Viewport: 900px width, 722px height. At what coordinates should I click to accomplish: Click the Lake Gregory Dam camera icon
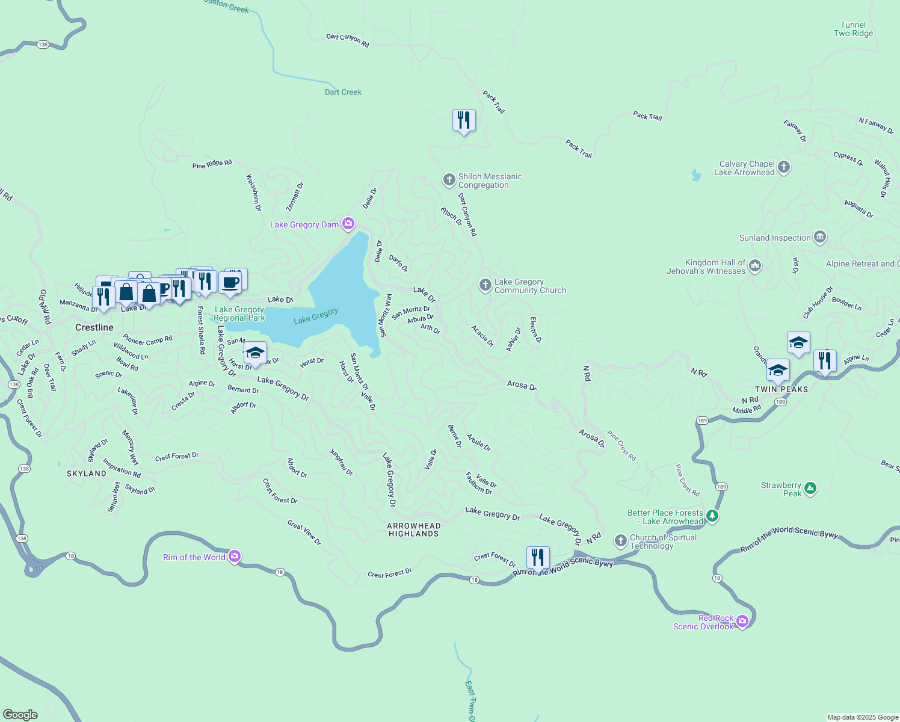(x=348, y=224)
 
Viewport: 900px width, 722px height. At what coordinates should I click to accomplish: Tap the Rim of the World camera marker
(x=235, y=557)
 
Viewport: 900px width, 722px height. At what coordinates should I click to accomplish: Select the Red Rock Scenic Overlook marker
(x=742, y=621)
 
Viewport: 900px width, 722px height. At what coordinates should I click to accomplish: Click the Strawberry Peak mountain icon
(x=810, y=489)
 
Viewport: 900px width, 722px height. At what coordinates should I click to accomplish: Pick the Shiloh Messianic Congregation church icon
(x=449, y=180)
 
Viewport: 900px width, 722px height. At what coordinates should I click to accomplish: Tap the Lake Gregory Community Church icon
(x=485, y=285)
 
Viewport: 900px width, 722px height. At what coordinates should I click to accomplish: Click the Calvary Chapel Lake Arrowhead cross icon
(x=783, y=167)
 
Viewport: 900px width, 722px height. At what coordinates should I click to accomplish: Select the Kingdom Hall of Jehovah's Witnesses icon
(x=755, y=265)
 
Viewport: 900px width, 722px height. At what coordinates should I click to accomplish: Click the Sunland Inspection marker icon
(x=819, y=237)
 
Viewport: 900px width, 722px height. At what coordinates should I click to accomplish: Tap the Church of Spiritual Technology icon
(x=621, y=540)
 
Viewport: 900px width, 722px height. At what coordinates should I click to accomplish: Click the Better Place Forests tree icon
(x=712, y=516)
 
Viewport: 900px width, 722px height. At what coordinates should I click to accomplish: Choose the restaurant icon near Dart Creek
(x=464, y=120)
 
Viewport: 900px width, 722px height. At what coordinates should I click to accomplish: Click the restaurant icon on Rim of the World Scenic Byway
(x=538, y=558)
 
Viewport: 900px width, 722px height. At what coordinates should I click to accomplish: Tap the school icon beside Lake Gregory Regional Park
(x=255, y=353)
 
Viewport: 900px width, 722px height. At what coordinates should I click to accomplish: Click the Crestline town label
(x=94, y=327)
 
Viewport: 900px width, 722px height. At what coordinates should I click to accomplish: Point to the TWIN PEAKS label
(x=781, y=389)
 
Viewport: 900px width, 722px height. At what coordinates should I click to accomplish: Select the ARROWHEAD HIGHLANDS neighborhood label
(x=414, y=529)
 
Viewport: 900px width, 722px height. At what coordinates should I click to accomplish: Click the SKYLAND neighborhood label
(x=87, y=474)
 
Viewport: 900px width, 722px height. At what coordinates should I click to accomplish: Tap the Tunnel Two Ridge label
(x=853, y=29)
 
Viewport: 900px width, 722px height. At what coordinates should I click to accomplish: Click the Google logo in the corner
(x=20, y=714)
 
